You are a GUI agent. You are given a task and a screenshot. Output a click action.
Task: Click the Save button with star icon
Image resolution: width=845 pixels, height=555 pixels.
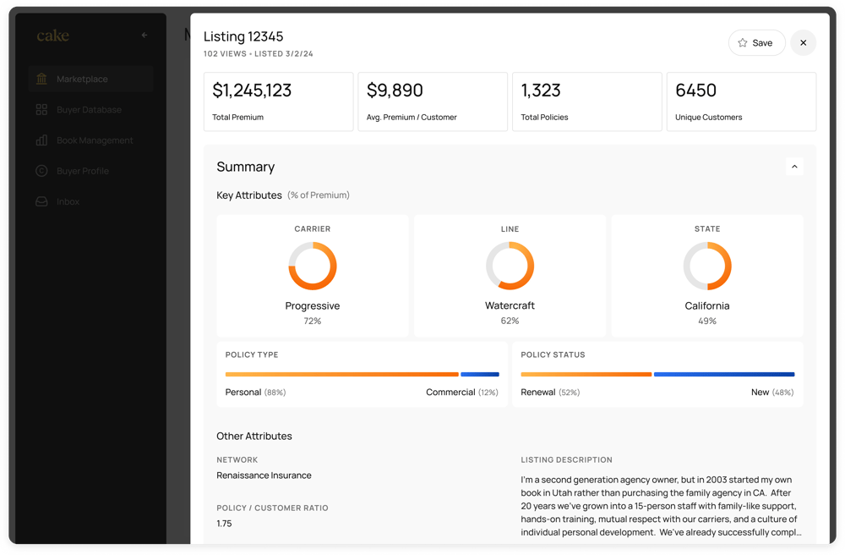[x=756, y=43]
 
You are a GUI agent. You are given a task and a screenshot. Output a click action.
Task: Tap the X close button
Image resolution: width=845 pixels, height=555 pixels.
[x=803, y=43]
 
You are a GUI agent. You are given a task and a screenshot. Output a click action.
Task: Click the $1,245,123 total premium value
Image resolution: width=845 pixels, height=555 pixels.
[x=252, y=91]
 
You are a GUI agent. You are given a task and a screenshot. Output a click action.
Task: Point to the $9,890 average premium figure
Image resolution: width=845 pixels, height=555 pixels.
[x=395, y=91]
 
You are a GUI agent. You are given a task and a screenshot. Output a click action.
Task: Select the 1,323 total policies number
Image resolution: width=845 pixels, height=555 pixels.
[x=541, y=91]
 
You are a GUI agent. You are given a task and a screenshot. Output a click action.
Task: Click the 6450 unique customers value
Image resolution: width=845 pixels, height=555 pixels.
[x=695, y=91]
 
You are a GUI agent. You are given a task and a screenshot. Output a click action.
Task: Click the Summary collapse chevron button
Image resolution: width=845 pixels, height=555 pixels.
[x=793, y=167]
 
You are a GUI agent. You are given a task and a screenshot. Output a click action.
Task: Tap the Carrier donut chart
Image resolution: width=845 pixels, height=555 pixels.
[x=313, y=266]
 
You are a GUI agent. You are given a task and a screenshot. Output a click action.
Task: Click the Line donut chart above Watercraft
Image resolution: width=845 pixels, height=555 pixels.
[x=510, y=266]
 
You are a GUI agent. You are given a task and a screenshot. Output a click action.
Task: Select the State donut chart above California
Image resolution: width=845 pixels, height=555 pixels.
[x=707, y=266]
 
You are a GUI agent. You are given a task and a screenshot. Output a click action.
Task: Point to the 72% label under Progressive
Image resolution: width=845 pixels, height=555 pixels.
[x=313, y=321]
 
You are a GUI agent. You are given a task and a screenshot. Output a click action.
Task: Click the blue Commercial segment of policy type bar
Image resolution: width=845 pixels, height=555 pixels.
[x=480, y=374]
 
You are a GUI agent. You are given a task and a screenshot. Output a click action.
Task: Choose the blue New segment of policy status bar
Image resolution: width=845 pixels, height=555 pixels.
[x=724, y=374]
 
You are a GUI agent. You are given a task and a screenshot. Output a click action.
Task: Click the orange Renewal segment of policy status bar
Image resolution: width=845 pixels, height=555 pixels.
[x=586, y=374]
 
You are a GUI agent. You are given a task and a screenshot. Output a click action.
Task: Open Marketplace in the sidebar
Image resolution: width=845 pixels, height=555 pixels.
[x=82, y=80]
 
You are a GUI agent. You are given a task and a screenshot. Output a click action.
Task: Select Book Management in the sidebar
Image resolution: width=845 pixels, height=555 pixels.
[x=95, y=140]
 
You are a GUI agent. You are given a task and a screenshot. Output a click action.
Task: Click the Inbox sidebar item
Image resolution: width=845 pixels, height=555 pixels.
[x=68, y=202]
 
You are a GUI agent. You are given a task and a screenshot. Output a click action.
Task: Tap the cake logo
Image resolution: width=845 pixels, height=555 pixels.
[x=52, y=36]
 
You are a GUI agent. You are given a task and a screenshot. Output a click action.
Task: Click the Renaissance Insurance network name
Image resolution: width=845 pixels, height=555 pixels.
[x=264, y=475]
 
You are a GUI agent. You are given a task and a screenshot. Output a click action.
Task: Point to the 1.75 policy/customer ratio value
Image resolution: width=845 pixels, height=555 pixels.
[x=224, y=524]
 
